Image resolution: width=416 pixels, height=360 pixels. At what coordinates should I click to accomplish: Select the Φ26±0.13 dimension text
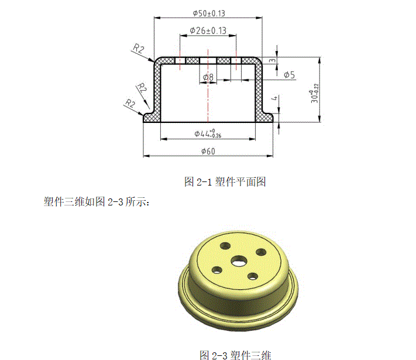click(x=208, y=30)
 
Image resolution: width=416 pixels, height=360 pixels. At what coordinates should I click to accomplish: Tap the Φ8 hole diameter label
click(x=208, y=77)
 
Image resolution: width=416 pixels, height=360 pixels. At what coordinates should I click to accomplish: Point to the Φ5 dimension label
click(x=289, y=75)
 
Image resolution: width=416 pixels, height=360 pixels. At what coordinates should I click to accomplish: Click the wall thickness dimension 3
click(x=273, y=60)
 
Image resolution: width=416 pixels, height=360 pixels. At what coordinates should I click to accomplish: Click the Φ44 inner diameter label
click(x=205, y=133)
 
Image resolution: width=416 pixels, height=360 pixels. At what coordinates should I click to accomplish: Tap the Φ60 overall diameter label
click(x=208, y=152)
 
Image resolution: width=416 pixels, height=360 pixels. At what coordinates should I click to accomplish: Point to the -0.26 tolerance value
click(x=216, y=136)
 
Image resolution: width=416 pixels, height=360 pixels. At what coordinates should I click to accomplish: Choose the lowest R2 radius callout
click(x=130, y=104)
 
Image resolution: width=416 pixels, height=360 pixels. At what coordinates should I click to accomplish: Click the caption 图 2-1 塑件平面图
click(x=225, y=181)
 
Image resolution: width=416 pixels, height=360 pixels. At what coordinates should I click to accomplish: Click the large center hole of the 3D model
click(x=239, y=260)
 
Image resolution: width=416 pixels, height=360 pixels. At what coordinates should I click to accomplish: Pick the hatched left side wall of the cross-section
click(x=157, y=88)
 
